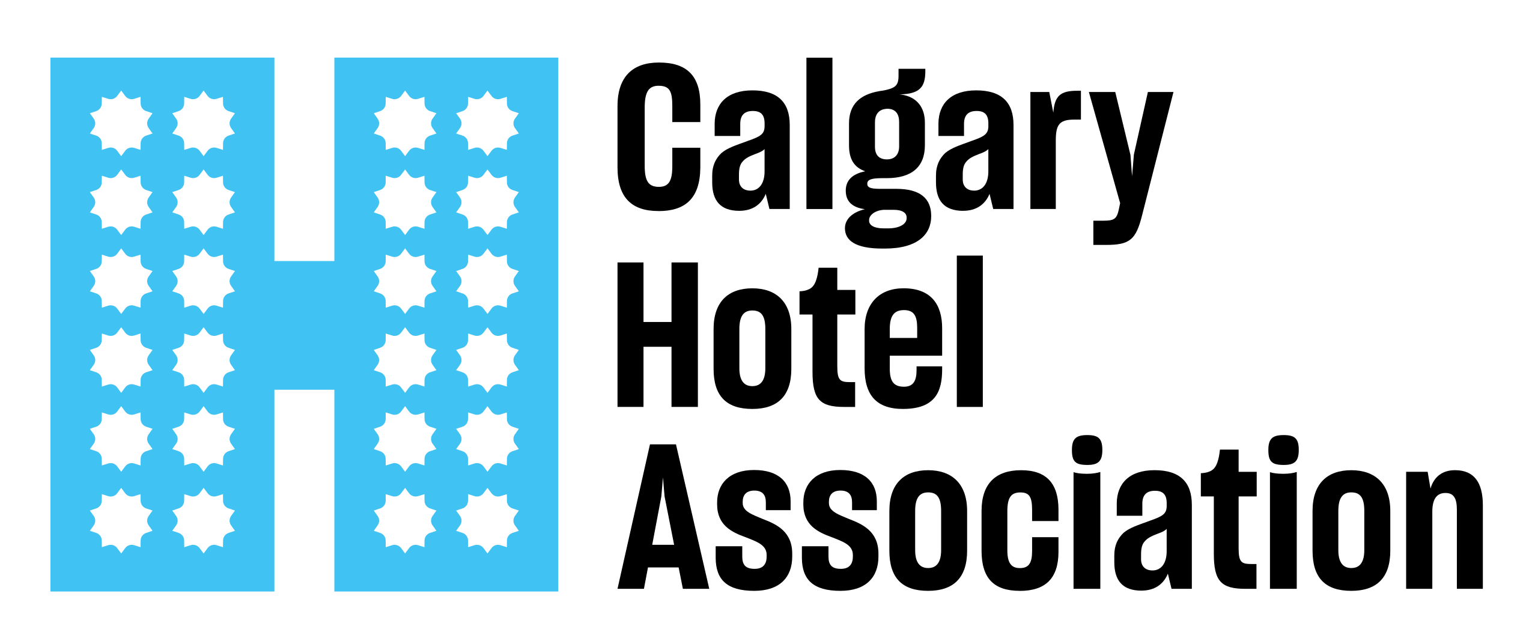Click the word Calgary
(895, 153)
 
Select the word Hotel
(800, 332)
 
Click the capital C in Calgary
(658, 137)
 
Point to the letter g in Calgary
(887, 159)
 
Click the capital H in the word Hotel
(657, 335)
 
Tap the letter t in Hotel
(828, 338)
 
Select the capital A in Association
(663, 517)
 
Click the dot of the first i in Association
(1087, 450)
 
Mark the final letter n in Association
(1444, 530)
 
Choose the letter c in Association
(1020, 530)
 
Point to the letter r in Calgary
(1055, 150)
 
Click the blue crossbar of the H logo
(304, 326)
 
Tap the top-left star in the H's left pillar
(121, 123)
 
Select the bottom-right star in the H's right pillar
(487, 521)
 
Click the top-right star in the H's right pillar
(487, 123)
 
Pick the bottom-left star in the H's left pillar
(121, 521)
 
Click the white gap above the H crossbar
(304, 159)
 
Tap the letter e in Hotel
(903, 348)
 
